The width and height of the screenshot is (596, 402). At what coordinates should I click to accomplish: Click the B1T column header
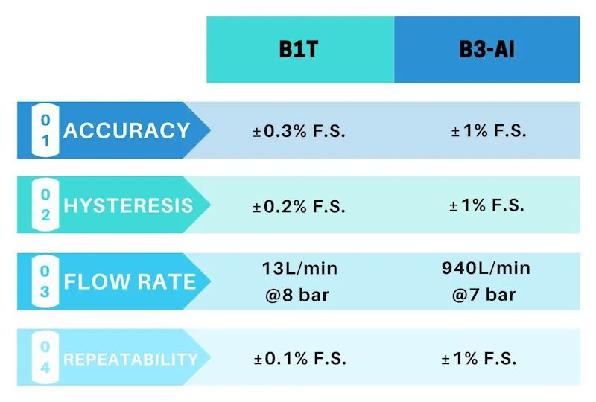point(299,50)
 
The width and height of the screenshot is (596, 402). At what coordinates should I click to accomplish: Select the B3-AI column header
point(486,50)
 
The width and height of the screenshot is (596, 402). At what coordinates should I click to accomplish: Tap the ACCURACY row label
point(127,131)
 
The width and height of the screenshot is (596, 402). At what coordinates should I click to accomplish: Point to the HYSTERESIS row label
point(128,206)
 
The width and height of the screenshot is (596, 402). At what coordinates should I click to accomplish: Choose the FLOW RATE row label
point(130,282)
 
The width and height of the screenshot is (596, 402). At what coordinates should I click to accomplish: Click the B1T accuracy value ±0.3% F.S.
point(299,132)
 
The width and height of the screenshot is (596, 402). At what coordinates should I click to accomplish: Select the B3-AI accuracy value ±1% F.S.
point(488,132)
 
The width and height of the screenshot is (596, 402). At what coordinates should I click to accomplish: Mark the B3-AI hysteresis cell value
point(488,205)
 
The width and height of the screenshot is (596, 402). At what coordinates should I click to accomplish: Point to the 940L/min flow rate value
point(486,268)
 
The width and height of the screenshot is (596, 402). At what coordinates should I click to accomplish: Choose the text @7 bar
point(484,295)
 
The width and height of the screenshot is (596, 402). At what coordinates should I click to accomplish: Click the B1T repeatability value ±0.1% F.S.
point(299,359)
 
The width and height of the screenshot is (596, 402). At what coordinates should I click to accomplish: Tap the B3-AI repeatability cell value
point(478,359)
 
